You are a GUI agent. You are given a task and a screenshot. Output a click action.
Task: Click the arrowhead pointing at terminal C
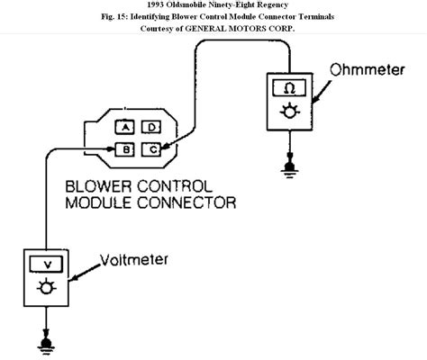(x=168, y=143)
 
